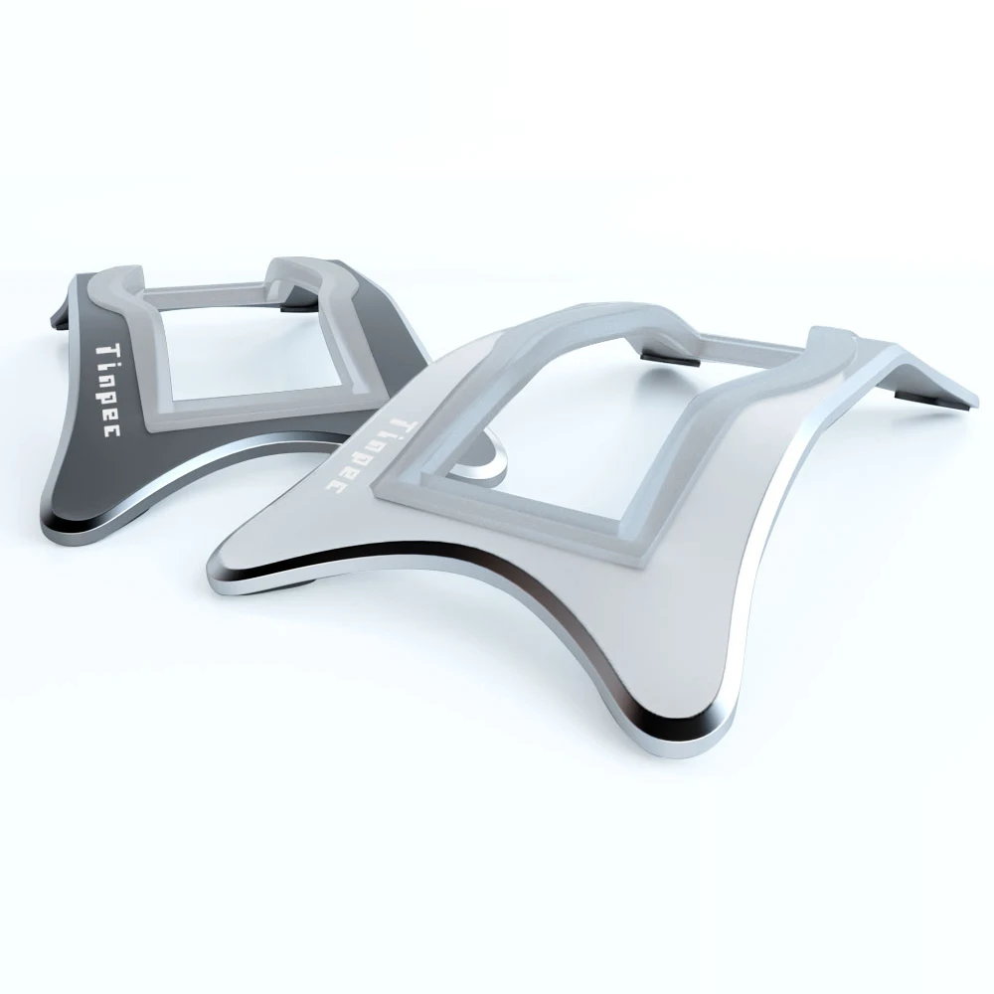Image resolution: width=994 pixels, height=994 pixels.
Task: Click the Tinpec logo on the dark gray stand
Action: [106, 390]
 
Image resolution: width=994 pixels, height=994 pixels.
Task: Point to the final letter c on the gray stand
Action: [111, 430]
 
